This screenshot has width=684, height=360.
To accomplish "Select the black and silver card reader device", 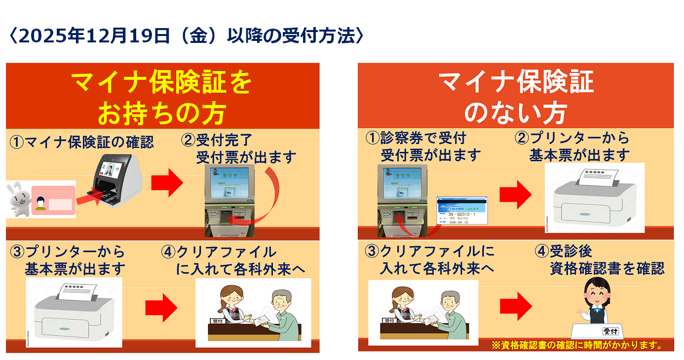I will coord(116,180).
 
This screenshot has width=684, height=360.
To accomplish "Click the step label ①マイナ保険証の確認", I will coord(81,143).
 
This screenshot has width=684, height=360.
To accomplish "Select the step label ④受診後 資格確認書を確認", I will coord(600,260).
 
